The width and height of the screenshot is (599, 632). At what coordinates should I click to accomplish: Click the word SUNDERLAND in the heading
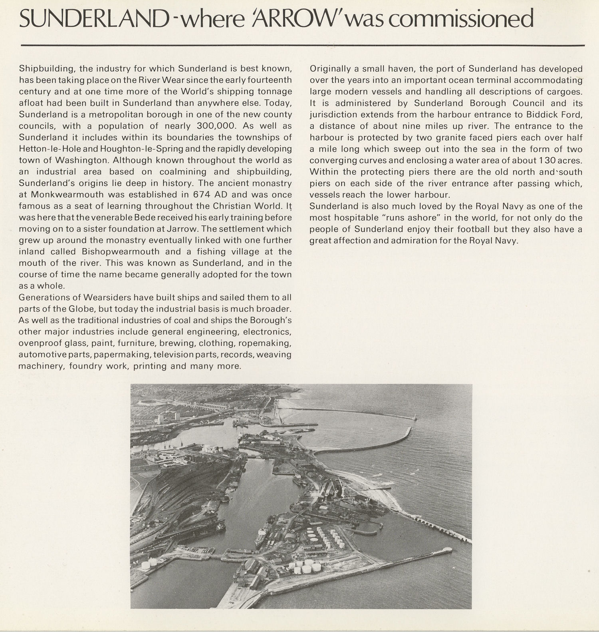pos(92,19)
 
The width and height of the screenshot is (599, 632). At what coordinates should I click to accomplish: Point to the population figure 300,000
pos(217,126)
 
